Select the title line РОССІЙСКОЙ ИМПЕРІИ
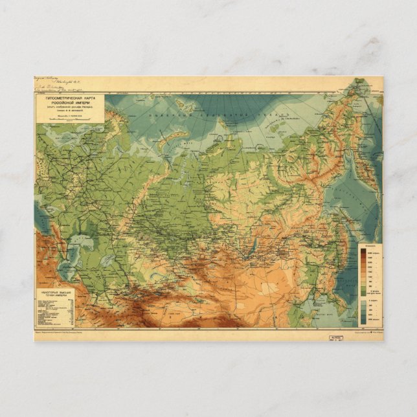[69, 100]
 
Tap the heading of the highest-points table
[55, 293]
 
